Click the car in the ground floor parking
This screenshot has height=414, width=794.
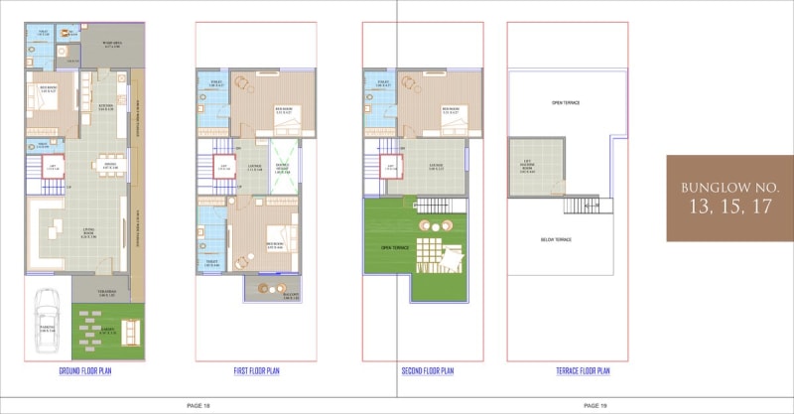click(46, 320)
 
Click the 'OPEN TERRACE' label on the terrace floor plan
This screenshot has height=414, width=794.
click(566, 103)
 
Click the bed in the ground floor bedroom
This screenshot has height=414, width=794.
click(45, 99)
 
